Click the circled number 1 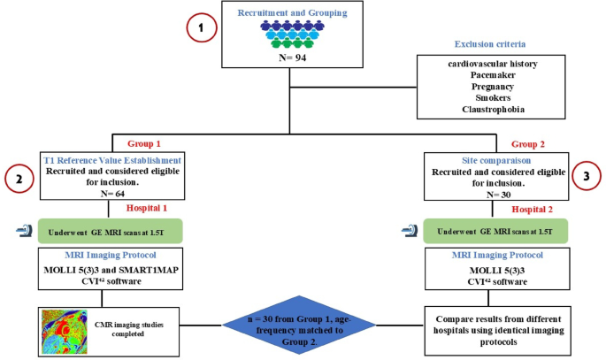202,27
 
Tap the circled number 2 19,179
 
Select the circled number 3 587,176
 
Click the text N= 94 293,57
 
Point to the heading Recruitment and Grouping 292,12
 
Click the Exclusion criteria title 490,44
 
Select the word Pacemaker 493,75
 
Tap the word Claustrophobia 493,110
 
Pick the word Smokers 493,97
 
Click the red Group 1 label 144,143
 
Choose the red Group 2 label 528,144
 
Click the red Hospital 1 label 147,208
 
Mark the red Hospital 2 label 533,210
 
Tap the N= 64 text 113,193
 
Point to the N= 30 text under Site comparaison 499,195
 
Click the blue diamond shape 299,325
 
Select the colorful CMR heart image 65,332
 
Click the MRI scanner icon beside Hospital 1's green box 24,231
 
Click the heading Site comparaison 496,160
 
